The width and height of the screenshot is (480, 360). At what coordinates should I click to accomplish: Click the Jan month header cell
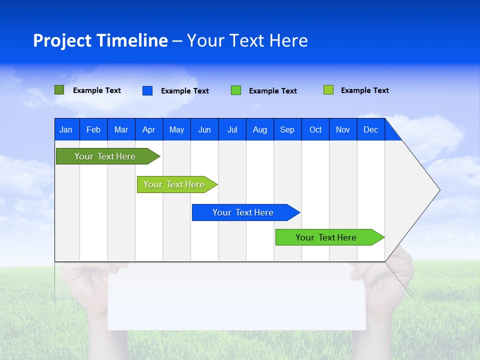click(x=66, y=129)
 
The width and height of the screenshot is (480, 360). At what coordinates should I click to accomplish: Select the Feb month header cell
click(x=93, y=129)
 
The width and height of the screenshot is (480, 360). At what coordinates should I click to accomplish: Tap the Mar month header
click(x=121, y=129)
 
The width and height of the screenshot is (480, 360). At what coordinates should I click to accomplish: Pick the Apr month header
click(x=149, y=129)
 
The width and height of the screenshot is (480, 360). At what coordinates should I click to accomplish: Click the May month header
click(x=176, y=129)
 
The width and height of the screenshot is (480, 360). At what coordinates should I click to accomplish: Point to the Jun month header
click(x=204, y=129)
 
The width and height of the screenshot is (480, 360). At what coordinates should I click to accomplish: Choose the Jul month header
click(x=232, y=129)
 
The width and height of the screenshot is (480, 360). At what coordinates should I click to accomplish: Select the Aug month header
click(x=260, y=129)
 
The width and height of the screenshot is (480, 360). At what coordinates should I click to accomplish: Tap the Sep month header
click(x=287, y=129)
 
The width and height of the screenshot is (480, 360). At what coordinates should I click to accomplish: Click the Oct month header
click(x=315, y=129)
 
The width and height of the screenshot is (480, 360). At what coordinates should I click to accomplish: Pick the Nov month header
click(x=343, y=129)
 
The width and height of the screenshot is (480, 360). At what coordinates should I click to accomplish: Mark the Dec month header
click(x=371, y=129)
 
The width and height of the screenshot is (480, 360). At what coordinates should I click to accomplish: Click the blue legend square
click(x=147, y=90)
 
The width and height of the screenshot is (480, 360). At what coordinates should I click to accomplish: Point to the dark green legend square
click(x=59, y=90)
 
